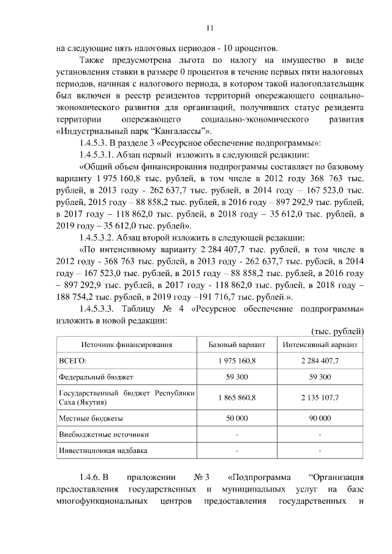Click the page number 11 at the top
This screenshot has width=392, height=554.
(x=209, y=28)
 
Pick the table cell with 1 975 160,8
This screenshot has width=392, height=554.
(x=236, y=361)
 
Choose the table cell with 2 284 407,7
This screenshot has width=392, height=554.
(x=320, y=361)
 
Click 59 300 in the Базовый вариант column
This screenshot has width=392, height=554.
(x=236, y=376)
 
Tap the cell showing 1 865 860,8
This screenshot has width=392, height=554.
(x=236, y=397)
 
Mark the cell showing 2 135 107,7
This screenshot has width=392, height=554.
(x=320, y=397)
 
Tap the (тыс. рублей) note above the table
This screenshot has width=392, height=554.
(x=337, y=331)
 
